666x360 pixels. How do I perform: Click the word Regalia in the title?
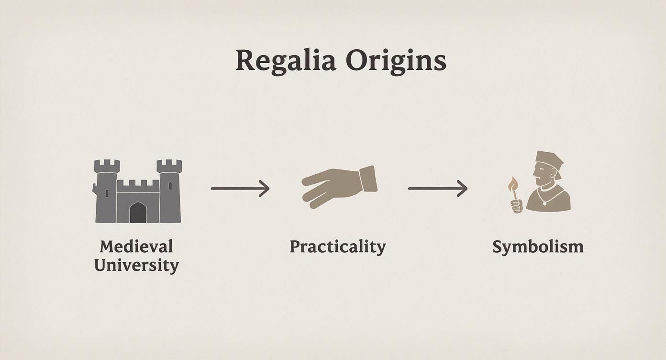point(285,61)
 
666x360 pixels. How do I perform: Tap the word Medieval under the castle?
point(136,247)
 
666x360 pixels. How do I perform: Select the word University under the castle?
point(136,265)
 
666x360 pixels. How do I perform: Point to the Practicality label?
point(337,247)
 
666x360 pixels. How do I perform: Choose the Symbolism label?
point(538,247)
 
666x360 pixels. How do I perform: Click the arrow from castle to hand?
point(240,188)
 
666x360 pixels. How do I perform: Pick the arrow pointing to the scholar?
point(437,188)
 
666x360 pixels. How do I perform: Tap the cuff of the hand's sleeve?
point(368,179)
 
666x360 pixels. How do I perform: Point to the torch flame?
point(513,183)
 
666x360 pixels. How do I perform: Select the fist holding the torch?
point(516,205)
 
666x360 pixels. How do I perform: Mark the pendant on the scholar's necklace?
point(544,204)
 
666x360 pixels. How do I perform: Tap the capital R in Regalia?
point(244,61)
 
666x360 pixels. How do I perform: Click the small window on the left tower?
point(106,193)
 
